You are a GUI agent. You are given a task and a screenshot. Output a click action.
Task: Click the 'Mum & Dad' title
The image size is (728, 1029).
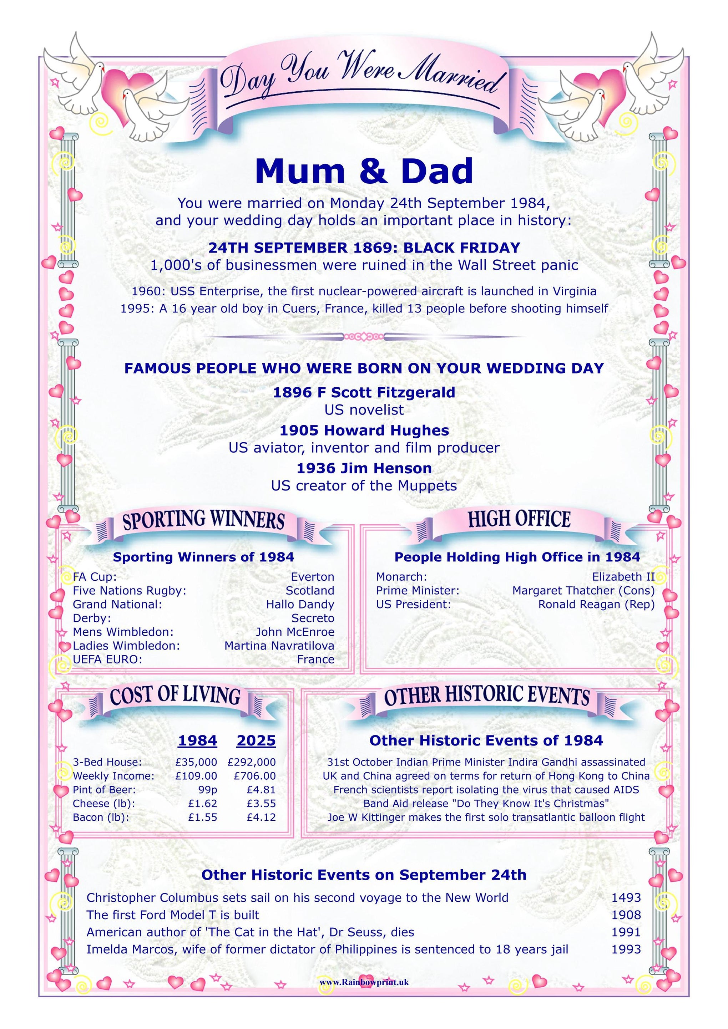click(x=364, y=171)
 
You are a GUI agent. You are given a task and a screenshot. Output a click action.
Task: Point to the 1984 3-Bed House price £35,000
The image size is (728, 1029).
click(x=196, y=762)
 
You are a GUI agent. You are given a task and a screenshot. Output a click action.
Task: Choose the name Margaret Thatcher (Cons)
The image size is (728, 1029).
click(x=583, y=591)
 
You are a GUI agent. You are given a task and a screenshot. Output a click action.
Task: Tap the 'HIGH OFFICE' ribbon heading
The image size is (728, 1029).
click(x=519, y=519)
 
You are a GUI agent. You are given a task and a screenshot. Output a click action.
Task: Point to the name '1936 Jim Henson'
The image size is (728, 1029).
click(x=364, y=468)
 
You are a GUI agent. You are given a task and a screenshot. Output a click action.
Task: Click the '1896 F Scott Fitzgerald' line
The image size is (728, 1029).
click(x=364, y=393)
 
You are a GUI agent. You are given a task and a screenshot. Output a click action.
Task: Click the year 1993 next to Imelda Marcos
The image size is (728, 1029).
click(x=626, y=949)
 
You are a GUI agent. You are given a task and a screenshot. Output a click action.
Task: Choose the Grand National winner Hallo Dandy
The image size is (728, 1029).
click(x=300, y=604)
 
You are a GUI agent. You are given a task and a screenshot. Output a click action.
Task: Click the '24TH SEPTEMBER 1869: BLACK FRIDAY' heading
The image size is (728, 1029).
click(x=364, y=248)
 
